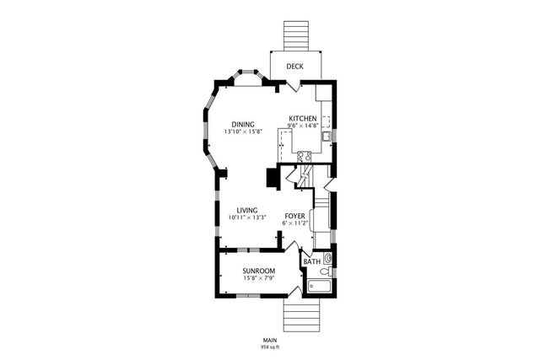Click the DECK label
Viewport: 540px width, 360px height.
(x=294, y=67)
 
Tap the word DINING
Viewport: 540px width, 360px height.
(x=243, y=125)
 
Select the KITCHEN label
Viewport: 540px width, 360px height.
(x=303, y=118)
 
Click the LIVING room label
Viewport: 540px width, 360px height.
(x=246, y=211)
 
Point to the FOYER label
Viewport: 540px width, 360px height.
(x=294, y=217)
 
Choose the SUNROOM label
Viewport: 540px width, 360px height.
(x=259, y=271)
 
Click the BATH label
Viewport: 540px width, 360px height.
(x=312, y=261)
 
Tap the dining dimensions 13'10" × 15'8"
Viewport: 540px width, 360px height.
(x=243, y=132)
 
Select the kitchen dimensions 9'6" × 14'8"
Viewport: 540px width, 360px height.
(x=303, y=126)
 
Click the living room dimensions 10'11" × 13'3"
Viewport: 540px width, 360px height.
(x=246, y=218)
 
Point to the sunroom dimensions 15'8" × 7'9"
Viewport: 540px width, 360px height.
(x=259, y=278)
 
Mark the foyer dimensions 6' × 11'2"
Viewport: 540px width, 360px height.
(x=294, y=224)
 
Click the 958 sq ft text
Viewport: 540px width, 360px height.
(x=270, y=347)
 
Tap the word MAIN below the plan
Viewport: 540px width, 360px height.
(x=270, y=340)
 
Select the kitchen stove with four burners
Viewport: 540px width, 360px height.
(x=304, y=155)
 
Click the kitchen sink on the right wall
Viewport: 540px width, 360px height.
(x=326, y=136)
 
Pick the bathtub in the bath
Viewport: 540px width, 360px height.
(x=319, y=287)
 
